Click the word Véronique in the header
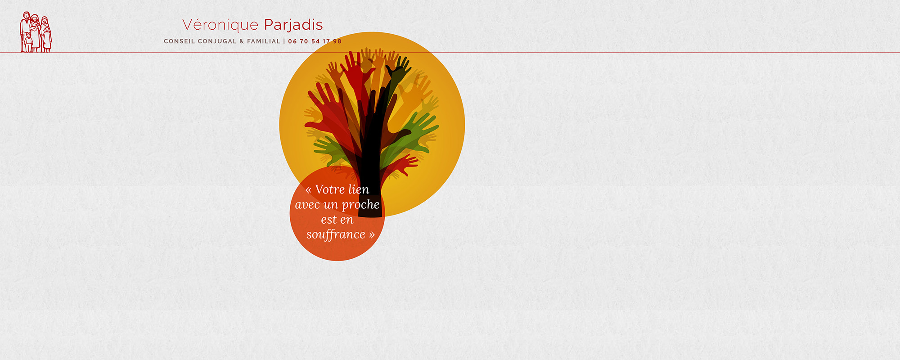coord(220,25)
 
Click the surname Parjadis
coord(293,25)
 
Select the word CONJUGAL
coord(217,41)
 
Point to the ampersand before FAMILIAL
coord(242,41)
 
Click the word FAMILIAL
coord(264,41)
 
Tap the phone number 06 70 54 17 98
coord(315,41)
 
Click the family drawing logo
coord(36,32)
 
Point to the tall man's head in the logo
coord(27,15)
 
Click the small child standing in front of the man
coord(28,42)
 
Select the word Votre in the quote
coord(330,189)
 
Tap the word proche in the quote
coord(361,205)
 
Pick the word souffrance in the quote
coord(336,235)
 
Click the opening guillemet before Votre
coord(309,190)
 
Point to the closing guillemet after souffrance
coord(372,235)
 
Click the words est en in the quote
coord(337,220)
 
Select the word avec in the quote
coord(307,205)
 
